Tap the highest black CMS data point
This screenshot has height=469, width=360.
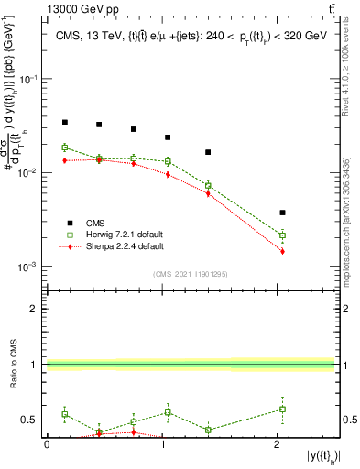[64, 122]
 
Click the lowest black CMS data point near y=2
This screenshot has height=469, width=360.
[282, 213]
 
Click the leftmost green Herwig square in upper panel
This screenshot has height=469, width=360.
[64, 147]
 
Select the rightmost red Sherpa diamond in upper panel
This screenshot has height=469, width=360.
[282, 251]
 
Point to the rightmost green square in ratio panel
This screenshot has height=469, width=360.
[282, 409]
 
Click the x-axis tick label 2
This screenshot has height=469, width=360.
[277, 444]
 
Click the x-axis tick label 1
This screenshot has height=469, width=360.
[162, 444]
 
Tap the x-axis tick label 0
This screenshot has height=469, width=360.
[48, 444]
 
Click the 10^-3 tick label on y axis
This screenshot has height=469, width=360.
[33, 267]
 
